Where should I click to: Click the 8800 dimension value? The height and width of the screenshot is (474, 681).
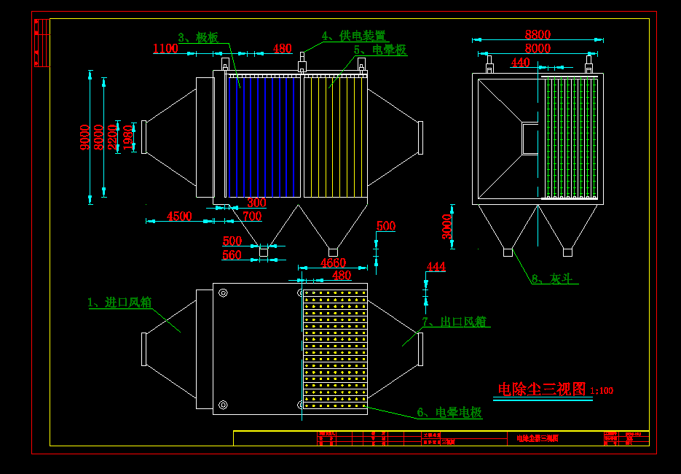click(538, 34)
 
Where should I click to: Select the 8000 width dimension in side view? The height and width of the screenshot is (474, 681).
click(538, 49)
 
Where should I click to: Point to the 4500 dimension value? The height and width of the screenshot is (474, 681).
click(179, 216)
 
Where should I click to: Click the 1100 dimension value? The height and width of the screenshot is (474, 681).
click(165, 49)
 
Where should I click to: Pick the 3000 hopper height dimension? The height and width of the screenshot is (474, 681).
click(447, 225)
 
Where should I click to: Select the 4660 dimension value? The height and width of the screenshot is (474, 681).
click(333, 263)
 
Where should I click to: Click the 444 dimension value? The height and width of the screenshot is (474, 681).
click(436, 267)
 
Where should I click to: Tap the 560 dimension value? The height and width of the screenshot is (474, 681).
click(232, 255)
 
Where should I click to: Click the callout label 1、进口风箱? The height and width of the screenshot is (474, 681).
click(119, 302)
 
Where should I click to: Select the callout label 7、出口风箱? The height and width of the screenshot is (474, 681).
click(454, 322)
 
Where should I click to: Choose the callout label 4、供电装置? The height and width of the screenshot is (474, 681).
click(354, 36)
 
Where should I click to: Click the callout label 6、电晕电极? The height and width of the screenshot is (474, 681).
click(449, 413)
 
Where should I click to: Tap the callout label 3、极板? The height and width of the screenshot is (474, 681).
click(198, 37)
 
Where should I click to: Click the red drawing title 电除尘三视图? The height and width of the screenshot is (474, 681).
click(542, 389)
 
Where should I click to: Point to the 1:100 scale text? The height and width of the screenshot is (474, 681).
click(602, 391)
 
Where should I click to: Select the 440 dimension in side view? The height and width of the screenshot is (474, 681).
click(521, 63)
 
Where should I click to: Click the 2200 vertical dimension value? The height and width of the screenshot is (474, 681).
click(112, 137)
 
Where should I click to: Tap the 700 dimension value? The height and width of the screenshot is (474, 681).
click(252, 217)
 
